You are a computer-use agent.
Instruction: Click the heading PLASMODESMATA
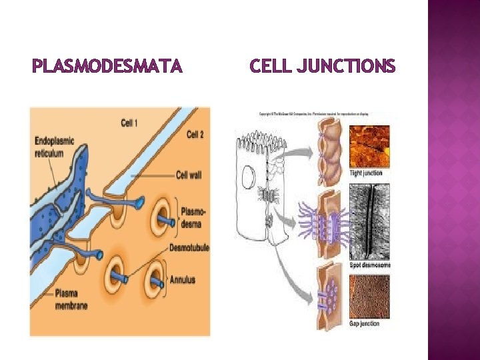point(107,67)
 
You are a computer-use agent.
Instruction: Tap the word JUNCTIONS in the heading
point(348,67)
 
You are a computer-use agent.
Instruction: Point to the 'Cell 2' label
point(195,135)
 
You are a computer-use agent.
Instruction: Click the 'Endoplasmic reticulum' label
point(54,147)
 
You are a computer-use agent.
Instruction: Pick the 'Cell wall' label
point(189,175)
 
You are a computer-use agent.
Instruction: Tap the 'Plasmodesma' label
point(193,217)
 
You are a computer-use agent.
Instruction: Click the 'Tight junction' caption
point(366,173)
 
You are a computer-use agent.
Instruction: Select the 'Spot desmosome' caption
point(370,265)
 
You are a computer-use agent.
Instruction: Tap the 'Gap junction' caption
point(365,323)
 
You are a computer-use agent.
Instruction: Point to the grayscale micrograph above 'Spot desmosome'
point(370,221)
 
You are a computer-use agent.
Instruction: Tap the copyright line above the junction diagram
point(313,113)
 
